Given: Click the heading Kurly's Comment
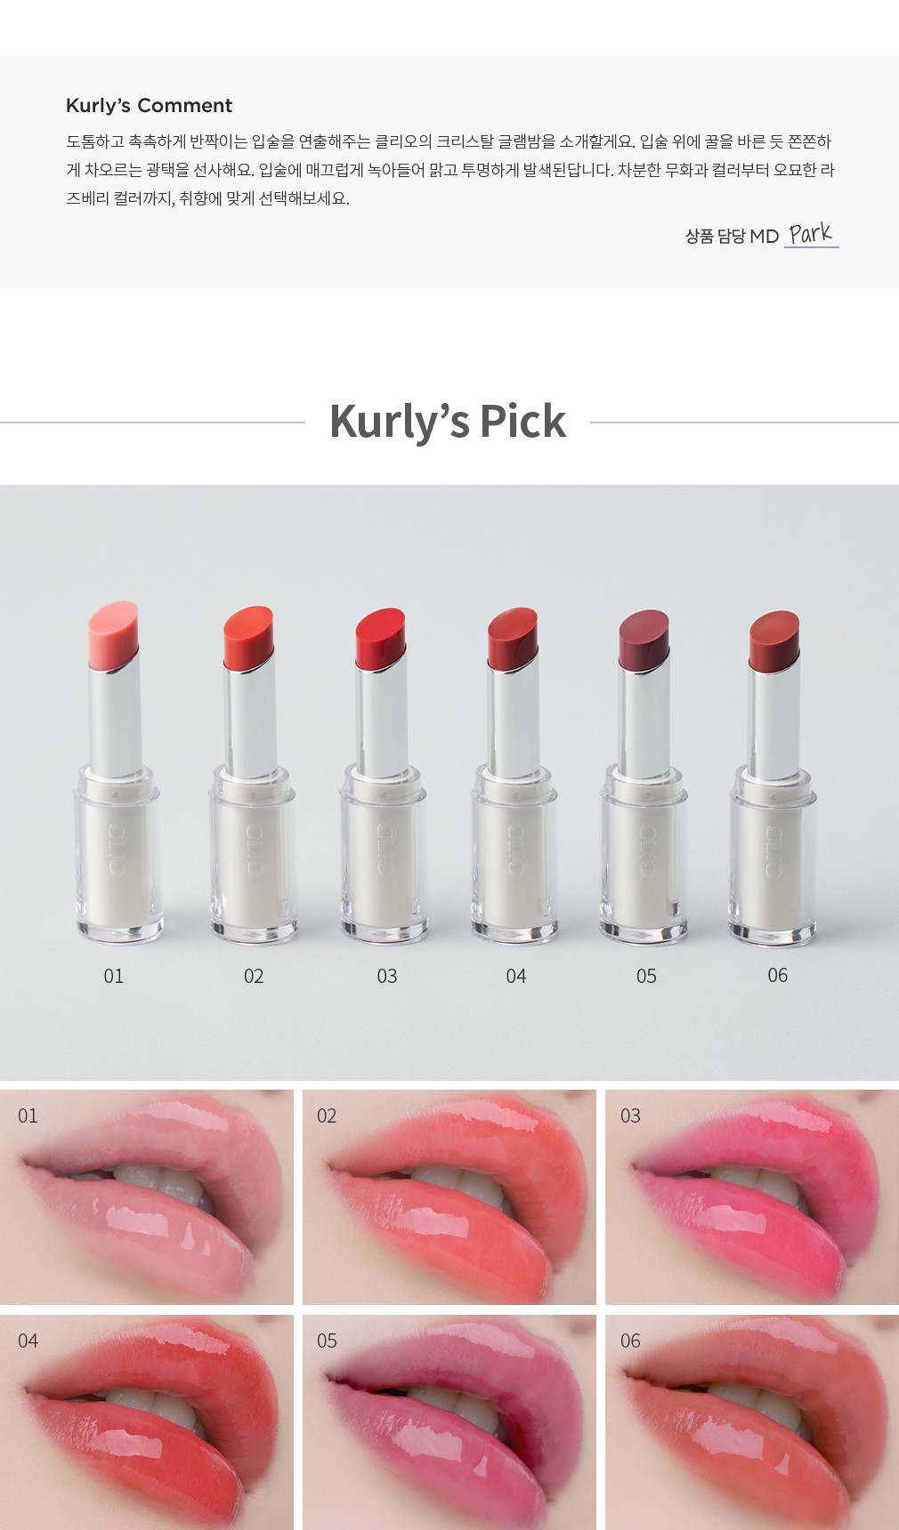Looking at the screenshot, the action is [x=149, y=106].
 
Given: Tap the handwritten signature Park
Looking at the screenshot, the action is [x=810, y=234].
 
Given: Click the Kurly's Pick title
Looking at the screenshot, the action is [x=448, y=421].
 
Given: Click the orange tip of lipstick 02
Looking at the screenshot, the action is [x=248, y=636].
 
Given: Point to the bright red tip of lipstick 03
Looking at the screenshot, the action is [x=381, y=638].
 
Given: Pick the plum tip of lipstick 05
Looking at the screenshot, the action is [x=644, y=640].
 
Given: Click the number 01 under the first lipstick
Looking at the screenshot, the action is [x=114, y=976].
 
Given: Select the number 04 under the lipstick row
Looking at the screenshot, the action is [x=516, y=976].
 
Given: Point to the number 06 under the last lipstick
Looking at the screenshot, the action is [x=778, y=975].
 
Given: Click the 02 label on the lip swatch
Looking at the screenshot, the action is [x=327, y=1115].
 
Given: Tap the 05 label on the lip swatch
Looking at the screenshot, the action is [x=327, y=1341].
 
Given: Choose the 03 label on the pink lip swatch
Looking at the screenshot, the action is [x=630, y=1115].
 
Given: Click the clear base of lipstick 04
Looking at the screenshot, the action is [x=514, y=854].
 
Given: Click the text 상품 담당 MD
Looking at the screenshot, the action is [x=732, y=236].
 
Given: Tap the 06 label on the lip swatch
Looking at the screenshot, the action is [x=630, y=1341].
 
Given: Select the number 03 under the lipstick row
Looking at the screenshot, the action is [x=387, y=976].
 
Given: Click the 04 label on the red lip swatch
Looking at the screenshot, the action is [x=28, y=1341].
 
